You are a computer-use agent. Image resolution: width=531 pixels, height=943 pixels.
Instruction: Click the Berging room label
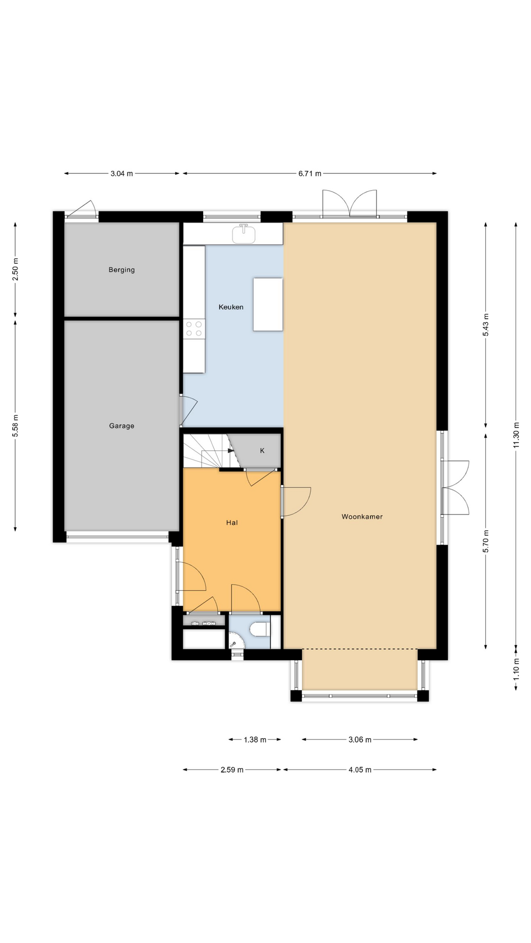[x=121, y=270]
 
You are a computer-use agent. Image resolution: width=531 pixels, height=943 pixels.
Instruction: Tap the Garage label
[x=121, y=426]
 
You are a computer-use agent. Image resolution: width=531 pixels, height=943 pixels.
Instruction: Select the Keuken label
[x=231, y=307]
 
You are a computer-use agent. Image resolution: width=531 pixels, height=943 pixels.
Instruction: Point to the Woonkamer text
[x=362, y=517]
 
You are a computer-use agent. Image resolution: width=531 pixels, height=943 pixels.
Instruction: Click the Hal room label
[x=232, y=523]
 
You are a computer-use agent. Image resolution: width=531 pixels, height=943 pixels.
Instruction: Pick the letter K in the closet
[x=262, y=450]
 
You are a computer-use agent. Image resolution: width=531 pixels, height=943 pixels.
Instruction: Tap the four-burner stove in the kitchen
[x=194, y=329]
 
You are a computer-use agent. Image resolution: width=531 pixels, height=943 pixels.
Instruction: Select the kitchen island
[x=268, y=304]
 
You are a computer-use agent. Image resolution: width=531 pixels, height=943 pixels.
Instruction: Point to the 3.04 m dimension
[x=121, y=173]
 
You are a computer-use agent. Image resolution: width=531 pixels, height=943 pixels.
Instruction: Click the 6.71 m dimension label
[x=310, y=173]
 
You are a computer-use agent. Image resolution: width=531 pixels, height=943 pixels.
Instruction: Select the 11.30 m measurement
[x=516, y=435]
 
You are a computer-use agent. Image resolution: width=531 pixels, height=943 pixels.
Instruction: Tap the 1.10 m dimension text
[x=516, y=669]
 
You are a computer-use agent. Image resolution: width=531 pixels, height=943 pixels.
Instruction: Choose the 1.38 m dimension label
[x=255, y=740]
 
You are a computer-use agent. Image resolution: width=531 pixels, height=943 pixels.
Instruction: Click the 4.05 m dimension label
[x=360, y=770]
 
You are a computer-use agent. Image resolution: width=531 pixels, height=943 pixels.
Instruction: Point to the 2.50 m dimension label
[x=15, y=269]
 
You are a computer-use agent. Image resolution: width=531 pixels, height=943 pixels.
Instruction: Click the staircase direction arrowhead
[x=231, y=450]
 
